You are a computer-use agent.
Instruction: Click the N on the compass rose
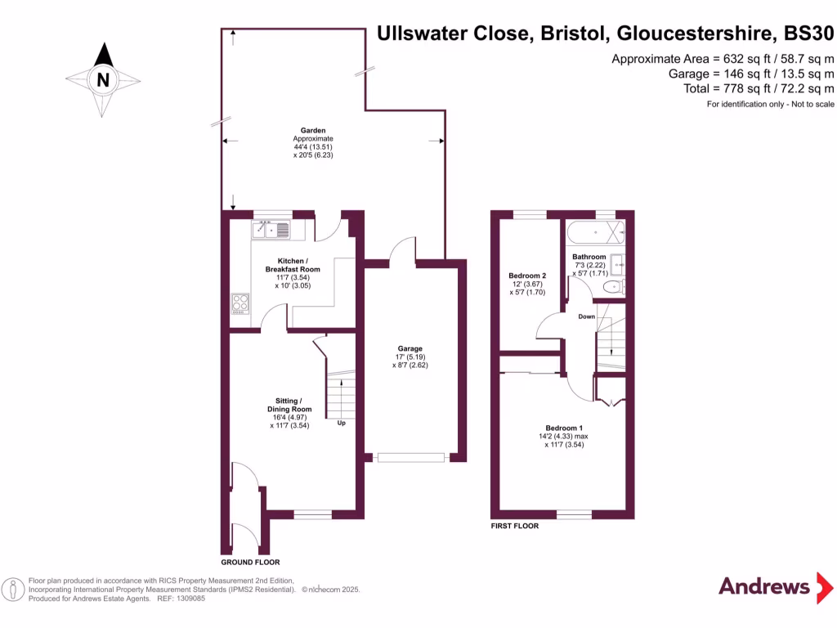point(103,80)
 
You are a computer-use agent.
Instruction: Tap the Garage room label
point(410,348)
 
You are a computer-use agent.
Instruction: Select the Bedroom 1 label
point(564,428)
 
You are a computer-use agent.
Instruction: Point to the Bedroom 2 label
point(527,276)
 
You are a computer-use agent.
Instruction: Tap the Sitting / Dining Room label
point(289,404)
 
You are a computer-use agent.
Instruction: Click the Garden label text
point(313,130)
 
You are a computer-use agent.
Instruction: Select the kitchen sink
point(271,231)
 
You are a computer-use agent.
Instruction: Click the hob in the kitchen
point(239,303)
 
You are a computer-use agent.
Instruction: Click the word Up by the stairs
point(341,423)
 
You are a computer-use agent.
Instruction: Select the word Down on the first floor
point(586,316)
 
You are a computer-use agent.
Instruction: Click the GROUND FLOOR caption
point(250,563)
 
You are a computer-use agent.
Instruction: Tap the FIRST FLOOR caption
point(514,526)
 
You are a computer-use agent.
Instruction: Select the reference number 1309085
point(188,599)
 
